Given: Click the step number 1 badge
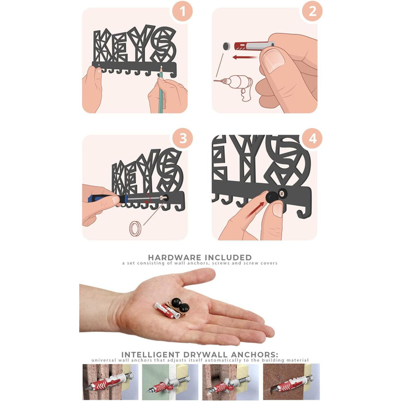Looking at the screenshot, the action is click(x=182, y=11).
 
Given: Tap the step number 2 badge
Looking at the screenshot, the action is click(x=312, y=11).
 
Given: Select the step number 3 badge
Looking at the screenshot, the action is click(x=182, y=138).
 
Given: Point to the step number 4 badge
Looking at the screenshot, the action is click(x=312, y=138).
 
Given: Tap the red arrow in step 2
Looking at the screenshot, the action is click(x=245, y=57).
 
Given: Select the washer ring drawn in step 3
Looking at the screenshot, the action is click(x=136, y=228).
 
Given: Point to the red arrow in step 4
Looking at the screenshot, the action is click(x=256, y=208).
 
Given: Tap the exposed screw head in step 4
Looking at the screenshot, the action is click(x=283, y=192).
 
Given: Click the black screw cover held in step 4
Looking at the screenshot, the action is click(x=272, y=196).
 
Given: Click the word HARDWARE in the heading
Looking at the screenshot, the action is click(x=175, y=257).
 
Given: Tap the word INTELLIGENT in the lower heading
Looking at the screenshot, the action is click(x=150, y=354).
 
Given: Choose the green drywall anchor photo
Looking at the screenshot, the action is click(x=170, y=382).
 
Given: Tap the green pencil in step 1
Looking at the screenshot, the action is click(x=161, y=90).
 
